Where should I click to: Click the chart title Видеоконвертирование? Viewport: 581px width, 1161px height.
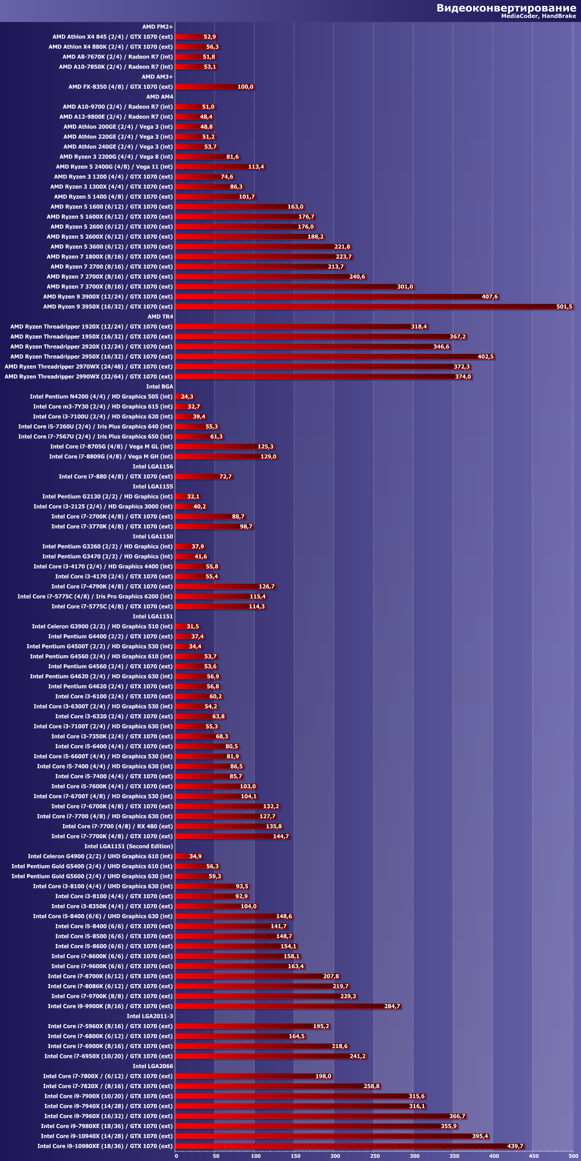tap(506, 8)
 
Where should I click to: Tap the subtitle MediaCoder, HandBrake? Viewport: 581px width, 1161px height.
tap(538, 16)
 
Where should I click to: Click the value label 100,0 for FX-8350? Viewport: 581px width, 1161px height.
tap(245, 87)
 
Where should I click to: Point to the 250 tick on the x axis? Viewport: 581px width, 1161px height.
tap(375, 1156)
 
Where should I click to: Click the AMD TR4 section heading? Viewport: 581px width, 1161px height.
tap(160, 317)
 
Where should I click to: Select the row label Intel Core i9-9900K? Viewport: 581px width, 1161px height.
tap(110, 1006)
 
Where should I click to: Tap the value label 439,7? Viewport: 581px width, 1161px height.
tap(515, 1146)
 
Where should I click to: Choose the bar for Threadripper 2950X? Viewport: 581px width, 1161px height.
tap(335, 357)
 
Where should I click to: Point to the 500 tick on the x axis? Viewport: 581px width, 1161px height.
tap(573, 1156)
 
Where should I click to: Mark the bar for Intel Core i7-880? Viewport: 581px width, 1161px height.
tap(204, 476)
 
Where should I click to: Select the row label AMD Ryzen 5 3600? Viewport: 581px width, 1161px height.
tap(111, 247)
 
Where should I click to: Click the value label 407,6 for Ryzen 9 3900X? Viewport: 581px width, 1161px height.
tap(489, 297)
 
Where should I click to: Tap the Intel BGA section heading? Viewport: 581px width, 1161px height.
tap(159, 386)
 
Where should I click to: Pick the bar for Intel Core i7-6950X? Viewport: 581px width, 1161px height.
tap(271, 1056)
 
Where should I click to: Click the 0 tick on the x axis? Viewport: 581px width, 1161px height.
tap(176, 1156)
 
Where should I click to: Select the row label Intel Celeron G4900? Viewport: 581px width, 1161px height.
tap(100, 856)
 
